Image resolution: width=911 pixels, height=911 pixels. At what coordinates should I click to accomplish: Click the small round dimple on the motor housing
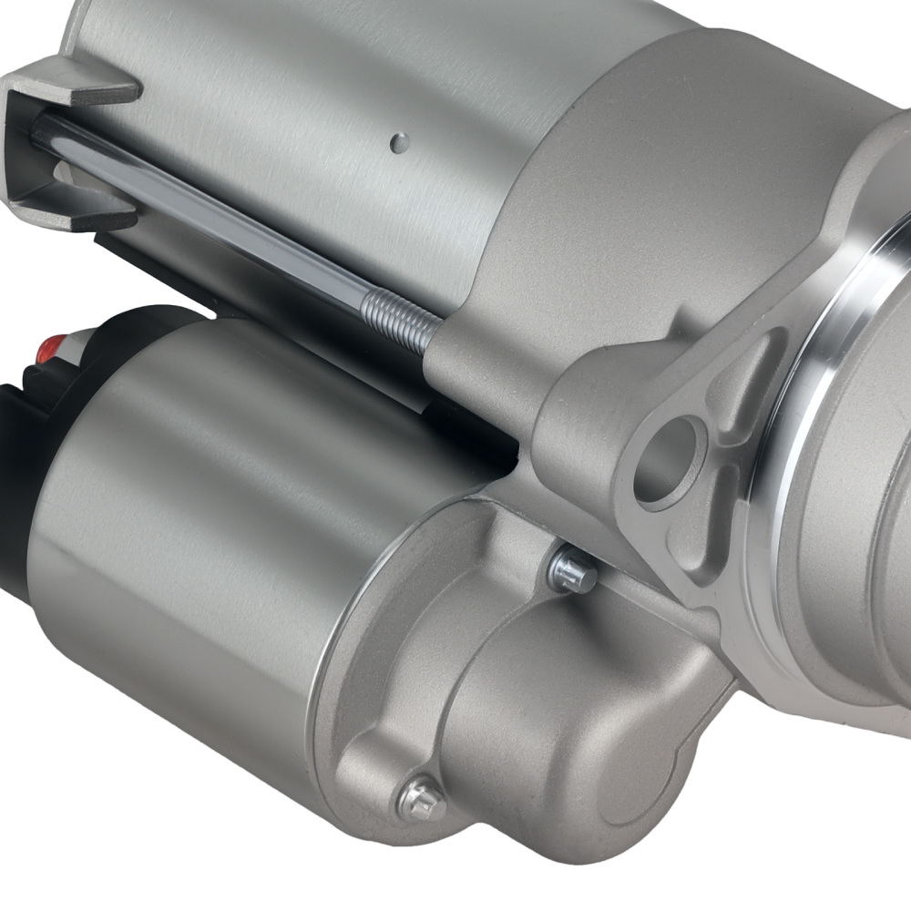(398, 142)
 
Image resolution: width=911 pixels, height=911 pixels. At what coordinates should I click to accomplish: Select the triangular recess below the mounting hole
(692, 547)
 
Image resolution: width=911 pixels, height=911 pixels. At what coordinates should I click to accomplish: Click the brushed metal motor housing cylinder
(319, 118)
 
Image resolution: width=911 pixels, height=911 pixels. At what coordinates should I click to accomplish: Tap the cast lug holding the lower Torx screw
(392, 774)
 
